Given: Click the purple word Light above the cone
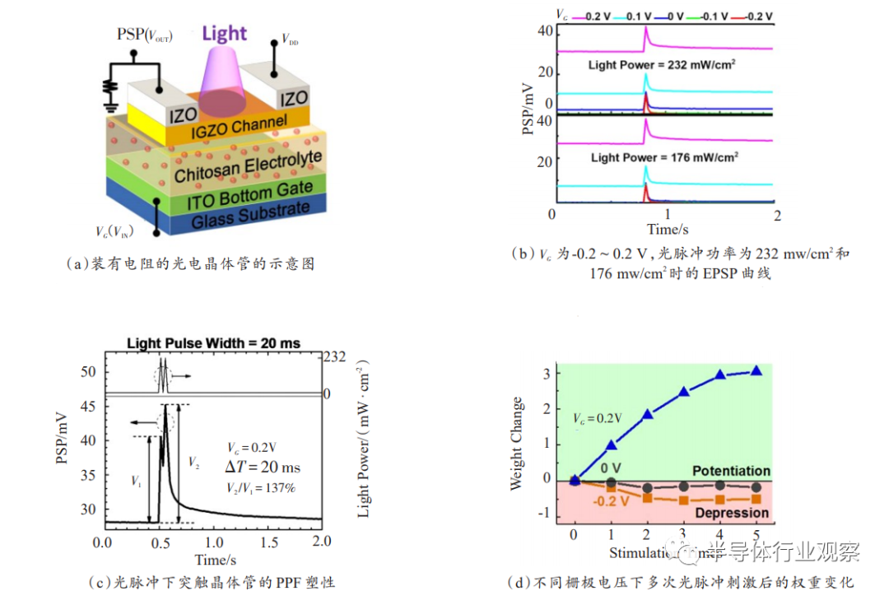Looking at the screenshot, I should tap(224, 34).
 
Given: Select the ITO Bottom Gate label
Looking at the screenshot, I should tap(237, 198).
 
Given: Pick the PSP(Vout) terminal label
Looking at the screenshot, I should tap(145, 35).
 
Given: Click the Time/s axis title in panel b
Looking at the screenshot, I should tap(666, 228).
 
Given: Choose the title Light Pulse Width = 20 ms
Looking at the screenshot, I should tap(213, 343).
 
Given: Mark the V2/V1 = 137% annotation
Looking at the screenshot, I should tap(261, 487).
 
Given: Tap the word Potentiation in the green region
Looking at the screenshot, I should tap(731, 472).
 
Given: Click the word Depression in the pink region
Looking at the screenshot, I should tap(733, 513).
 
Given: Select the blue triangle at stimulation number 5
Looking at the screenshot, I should tap(756, 371).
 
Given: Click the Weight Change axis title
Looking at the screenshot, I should tap(517, 444).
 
